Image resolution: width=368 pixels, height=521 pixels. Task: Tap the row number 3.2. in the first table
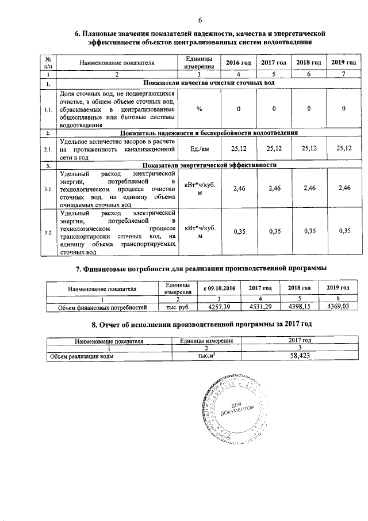(x=49, y=232)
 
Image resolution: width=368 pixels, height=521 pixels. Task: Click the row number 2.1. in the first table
(x=49, y=149)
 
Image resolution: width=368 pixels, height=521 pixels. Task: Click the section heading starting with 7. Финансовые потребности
(x=201, y=268)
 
